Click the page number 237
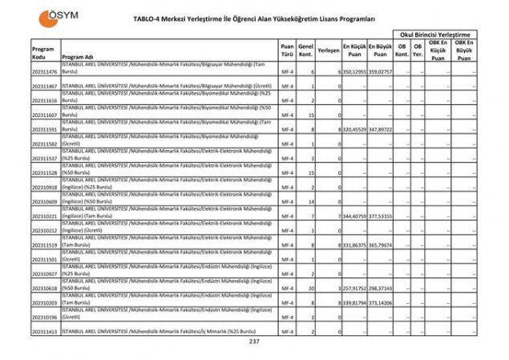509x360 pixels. click(255, 342)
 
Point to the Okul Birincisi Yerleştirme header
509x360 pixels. click(438, 34)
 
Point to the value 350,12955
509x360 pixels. click(355, 72)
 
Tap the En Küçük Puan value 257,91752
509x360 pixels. click(355, 288)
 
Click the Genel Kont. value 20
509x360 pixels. click(311, 288)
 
